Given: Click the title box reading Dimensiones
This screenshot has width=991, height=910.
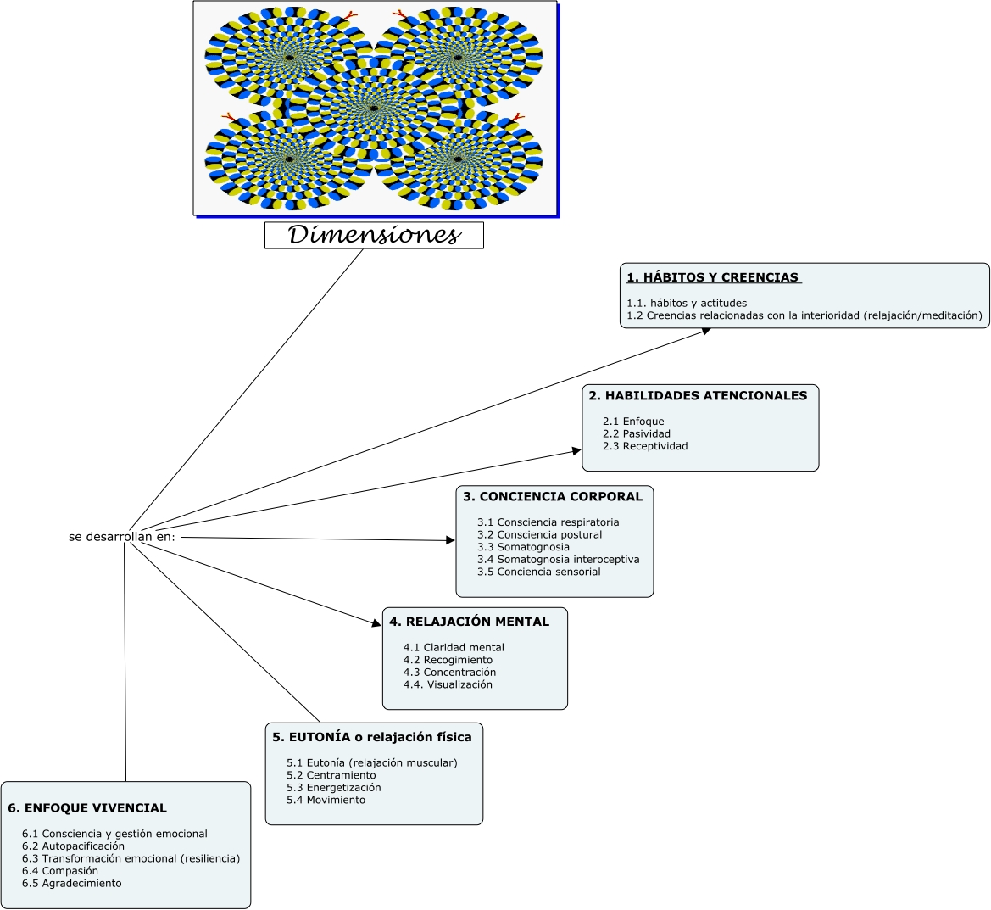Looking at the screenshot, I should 374,235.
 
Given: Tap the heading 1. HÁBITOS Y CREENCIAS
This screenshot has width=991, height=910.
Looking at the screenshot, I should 713,277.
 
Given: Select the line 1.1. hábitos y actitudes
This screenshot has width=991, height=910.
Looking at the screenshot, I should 687,303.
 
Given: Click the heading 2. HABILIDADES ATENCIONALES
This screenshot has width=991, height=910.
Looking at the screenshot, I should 698,395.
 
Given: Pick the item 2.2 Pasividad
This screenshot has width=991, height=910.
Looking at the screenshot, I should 637,433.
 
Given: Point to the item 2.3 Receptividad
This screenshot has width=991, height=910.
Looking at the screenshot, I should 645,446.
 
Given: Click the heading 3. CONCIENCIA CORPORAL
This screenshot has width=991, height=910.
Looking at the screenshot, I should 553,496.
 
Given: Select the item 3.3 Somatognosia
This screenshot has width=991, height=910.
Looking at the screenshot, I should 523,547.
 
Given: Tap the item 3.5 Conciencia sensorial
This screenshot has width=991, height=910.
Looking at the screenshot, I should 538,572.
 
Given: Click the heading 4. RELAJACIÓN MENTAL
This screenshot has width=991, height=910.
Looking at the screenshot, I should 469,622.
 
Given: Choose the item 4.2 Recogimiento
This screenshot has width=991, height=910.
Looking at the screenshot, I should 448,660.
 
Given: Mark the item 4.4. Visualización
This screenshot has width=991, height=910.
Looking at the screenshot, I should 448,684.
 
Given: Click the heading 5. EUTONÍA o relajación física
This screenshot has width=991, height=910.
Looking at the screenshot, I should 372,737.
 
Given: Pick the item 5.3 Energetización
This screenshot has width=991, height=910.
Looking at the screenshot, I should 333,787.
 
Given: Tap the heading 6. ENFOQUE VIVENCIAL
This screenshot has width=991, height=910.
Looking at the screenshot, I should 87,808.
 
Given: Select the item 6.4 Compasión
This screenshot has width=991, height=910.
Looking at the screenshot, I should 60,871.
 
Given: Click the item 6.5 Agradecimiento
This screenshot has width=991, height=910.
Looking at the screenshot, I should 72,883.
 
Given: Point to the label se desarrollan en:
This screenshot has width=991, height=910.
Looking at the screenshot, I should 122,537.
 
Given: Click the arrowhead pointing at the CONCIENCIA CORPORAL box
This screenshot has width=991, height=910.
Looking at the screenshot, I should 450,540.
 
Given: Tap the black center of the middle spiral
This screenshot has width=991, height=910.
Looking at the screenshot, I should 373,109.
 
